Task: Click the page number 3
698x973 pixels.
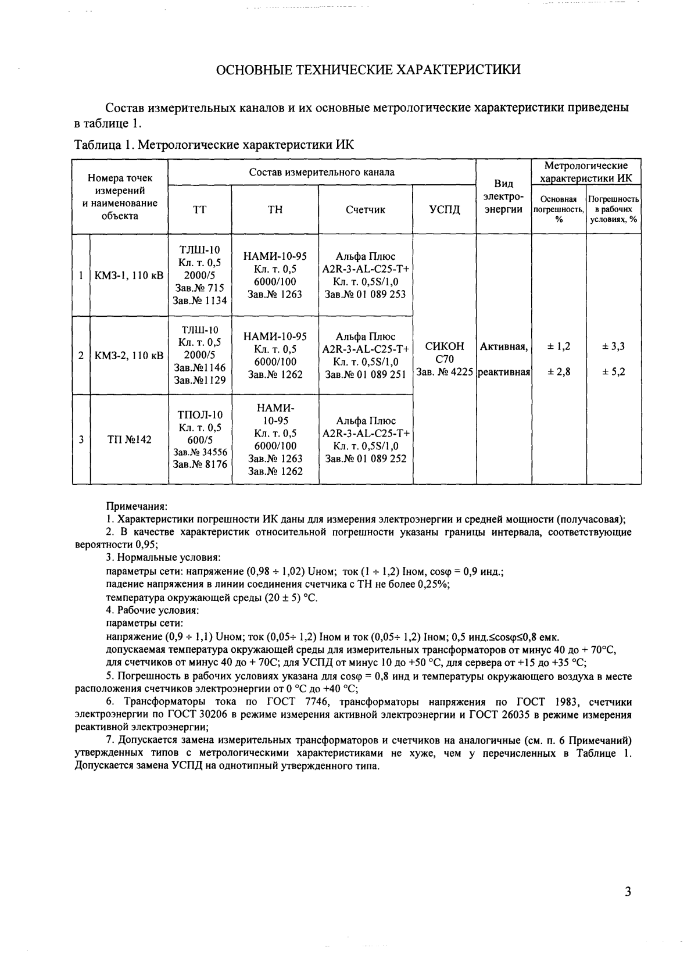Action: pos(627,892)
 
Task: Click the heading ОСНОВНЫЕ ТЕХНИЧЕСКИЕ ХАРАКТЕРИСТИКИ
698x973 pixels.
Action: pos(368,70)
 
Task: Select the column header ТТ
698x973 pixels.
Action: pos(199,210)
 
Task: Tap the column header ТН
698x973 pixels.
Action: pos(275,210)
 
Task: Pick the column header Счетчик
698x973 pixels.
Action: pos(365,210)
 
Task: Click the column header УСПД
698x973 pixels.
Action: pos(444,210)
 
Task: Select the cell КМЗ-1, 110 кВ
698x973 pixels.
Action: pos(129,276)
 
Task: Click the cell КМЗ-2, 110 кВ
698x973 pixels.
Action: pos(129,356)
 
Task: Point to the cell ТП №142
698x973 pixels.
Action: pos(129,439)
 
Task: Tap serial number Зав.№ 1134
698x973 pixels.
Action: pos(200,301)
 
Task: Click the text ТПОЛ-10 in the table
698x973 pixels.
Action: pos(200,415)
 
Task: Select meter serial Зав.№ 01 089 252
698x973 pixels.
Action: pos(366,459)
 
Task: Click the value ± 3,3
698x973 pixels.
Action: pos(613,346)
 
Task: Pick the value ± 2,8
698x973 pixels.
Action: pos(559,372)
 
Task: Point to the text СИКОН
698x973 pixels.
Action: pos(445,346)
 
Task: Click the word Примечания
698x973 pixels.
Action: pos(137,507)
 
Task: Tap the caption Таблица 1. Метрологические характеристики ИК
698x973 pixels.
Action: pos(214,145)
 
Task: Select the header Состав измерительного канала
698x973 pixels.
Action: pos(321,172)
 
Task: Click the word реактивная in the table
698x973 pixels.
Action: pos(504,372)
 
